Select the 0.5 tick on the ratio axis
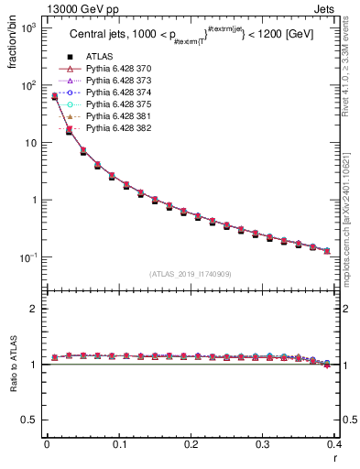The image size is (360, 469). pos(31,420)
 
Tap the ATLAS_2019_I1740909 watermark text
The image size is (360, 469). pos(191,274)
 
